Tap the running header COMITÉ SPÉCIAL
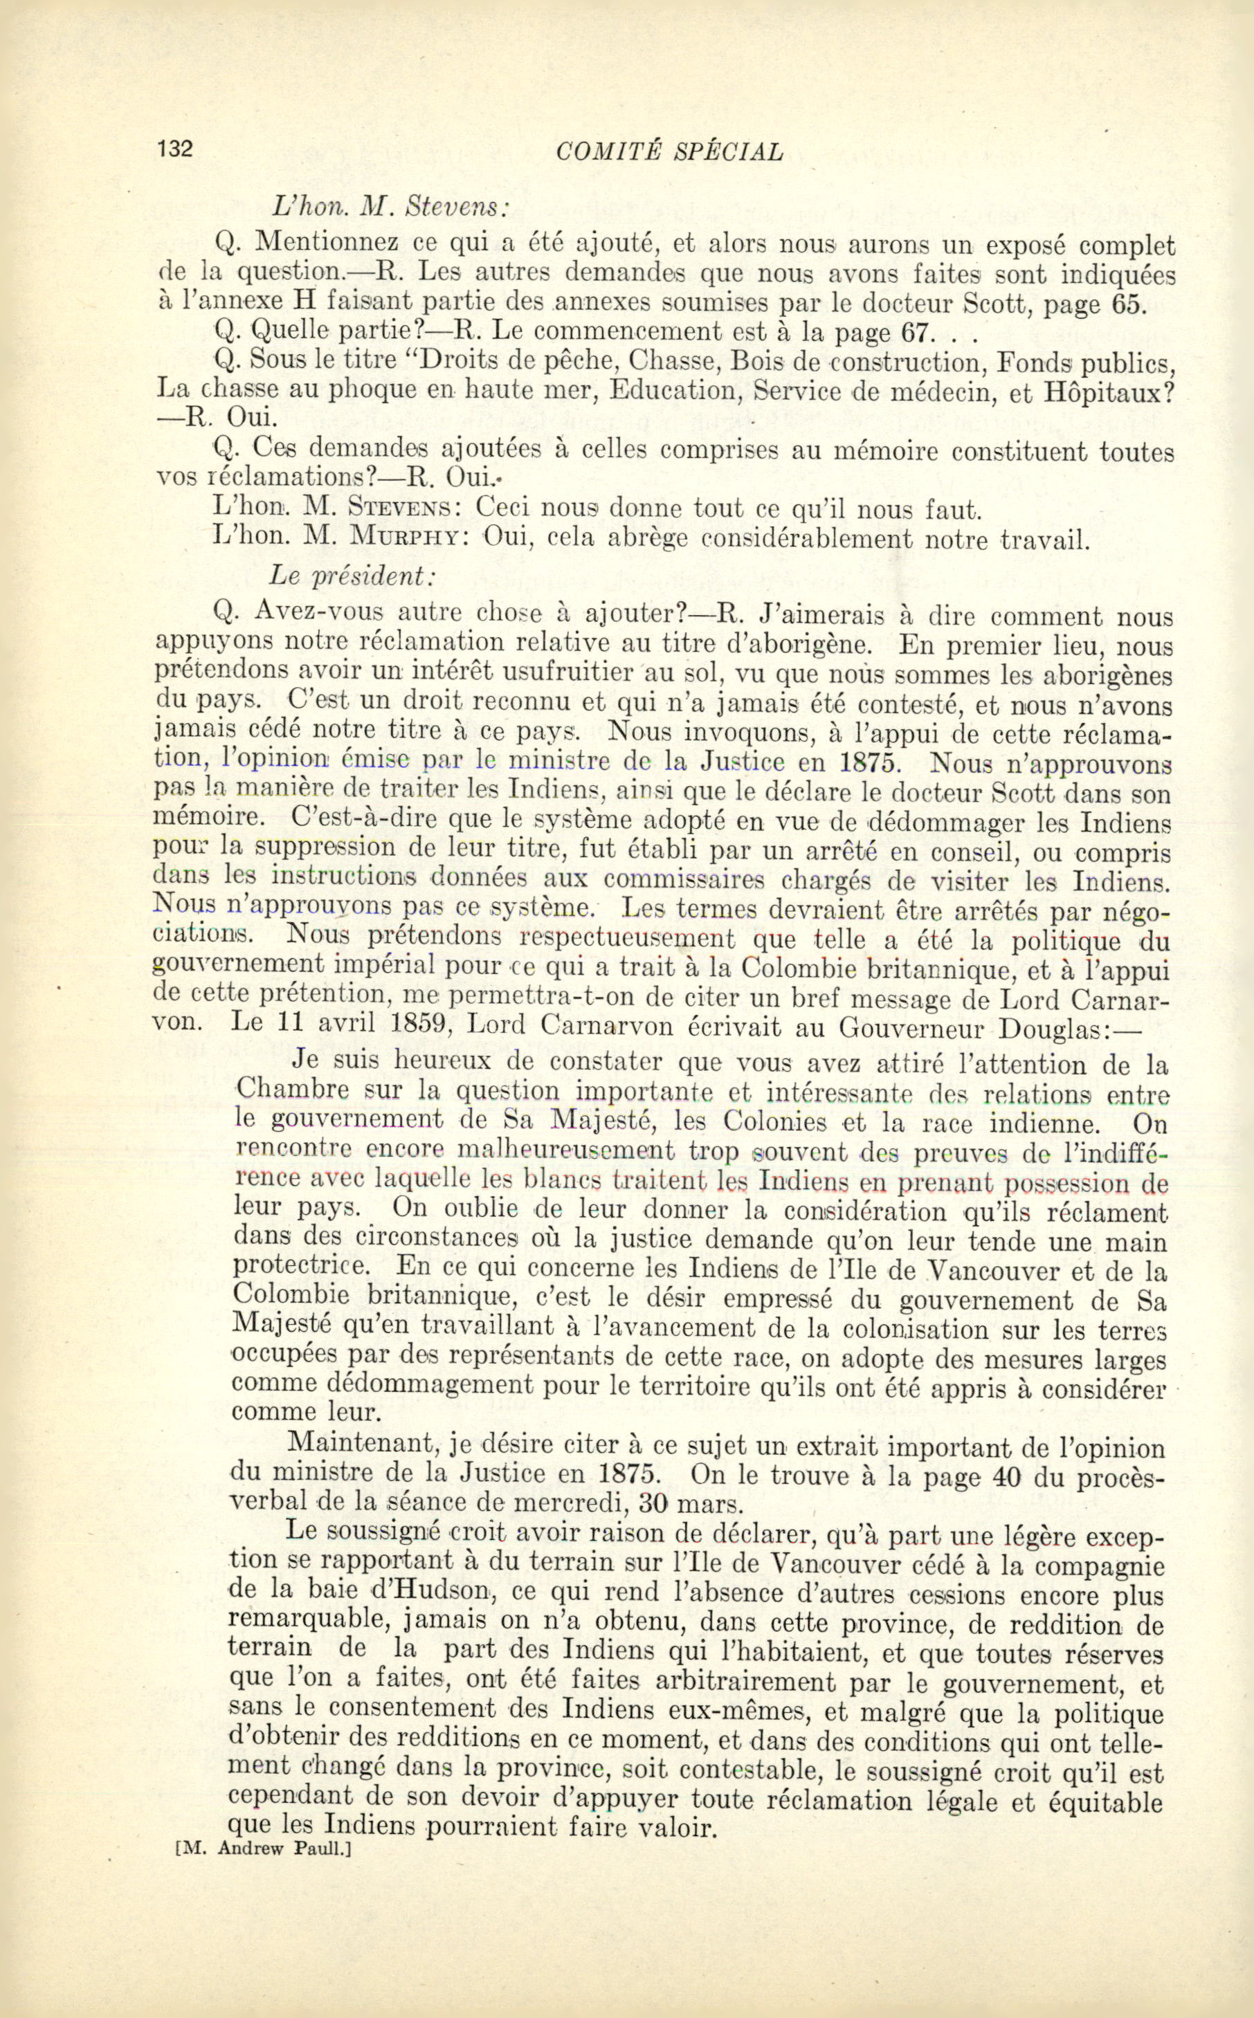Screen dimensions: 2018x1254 (669, 151)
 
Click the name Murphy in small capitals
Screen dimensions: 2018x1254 (405, 539)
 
